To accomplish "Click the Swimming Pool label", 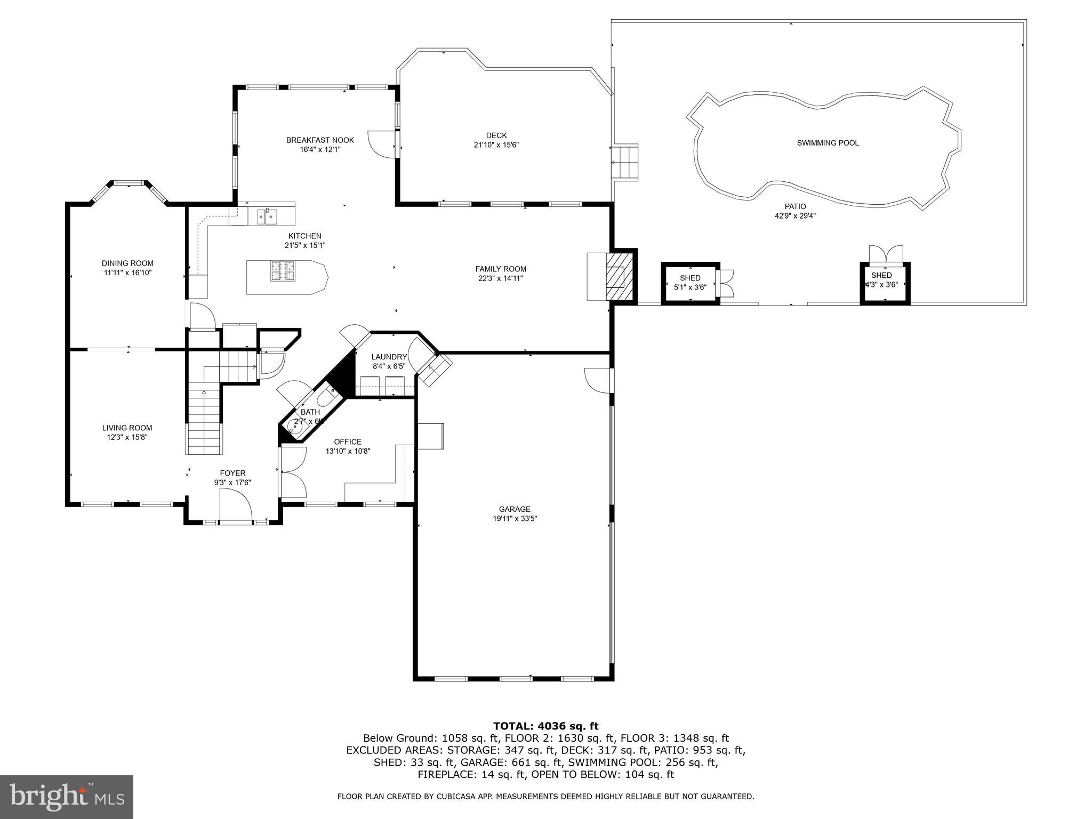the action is tap(828, 143).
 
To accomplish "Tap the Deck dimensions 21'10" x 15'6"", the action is tap(496, 145).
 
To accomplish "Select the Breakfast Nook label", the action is tap(320, 140).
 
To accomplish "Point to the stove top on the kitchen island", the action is tap(283, 270).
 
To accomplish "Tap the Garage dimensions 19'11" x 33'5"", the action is tap(515, 518).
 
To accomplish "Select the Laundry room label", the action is tap(389, 357).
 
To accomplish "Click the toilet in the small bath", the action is tap(326, 397).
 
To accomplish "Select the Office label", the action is tap(348, 441).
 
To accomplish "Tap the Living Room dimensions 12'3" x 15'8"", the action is tap(127, 437).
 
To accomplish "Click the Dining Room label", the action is tap(127, 263).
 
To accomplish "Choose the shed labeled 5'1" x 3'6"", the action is tap(690, 283).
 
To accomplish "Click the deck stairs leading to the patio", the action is tap(624, 163).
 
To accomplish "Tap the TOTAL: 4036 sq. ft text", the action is tap(545, 726).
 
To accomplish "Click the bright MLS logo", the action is tap(67, 797).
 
